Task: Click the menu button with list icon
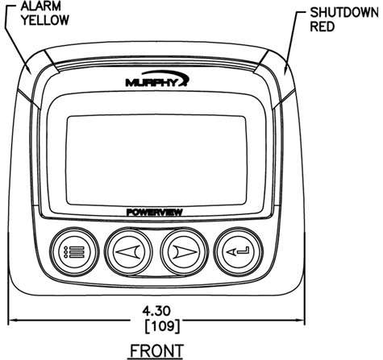coord(74,252)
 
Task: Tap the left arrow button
coord(128,252)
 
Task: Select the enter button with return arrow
coord(239,252)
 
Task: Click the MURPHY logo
coord(157,79)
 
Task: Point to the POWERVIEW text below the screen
coord(155,213)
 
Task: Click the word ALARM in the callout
coord(41,6)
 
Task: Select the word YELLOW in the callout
coord(45,20)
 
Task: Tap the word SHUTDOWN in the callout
coord(344,13)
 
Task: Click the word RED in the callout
coord(323,27)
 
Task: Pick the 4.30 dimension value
coord(156,311)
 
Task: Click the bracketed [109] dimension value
coord(162,326)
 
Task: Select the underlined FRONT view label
coord(156,351)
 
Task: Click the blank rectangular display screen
coord(156,160)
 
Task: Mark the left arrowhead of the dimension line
coord(13,320)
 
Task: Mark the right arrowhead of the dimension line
coord(300,320)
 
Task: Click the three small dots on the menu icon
coord(65,252)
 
